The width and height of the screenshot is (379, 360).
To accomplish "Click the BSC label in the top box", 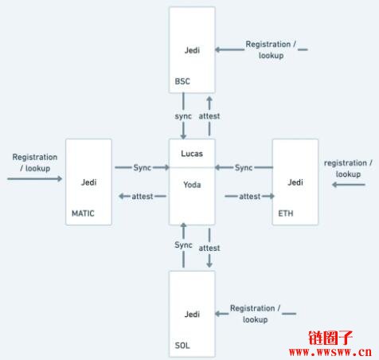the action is pyautogui.click(x=182, y=81).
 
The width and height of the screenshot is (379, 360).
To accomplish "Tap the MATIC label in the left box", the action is pyautogui.click(x=83, y=213).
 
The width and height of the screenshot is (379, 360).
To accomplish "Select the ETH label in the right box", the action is pyautogui.click(x=286, y=213).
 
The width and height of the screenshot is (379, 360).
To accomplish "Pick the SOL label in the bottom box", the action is pyautogui.click(x=182, y=346).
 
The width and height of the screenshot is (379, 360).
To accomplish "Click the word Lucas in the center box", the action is pyautogui.click(x=192, y=154).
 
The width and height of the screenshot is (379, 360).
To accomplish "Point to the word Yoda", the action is pyautogui.click(x=192, y=185).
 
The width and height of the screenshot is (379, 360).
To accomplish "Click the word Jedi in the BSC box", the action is pyautogui.click(x=192, y=50).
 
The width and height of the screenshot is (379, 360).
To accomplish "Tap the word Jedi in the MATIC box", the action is pyautogui.click(x=88, y=182).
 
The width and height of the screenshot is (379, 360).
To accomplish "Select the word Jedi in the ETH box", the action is pyautogui.click(x=295, y=182).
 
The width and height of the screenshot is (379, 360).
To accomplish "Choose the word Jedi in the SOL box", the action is pyautogui.click(x=192, y=315).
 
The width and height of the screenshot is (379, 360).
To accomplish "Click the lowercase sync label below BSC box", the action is pyautogui.click(x=183, y=116).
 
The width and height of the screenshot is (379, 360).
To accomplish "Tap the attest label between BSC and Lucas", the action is pyautogui.click(x=209, y=116).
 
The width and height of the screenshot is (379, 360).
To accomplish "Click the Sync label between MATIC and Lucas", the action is pyautogui.click(x=143, y=168).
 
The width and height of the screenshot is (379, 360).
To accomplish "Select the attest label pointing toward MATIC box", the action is pyautogui.click(x=143, y=197).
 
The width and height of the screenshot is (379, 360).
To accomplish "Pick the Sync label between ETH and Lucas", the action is pyautogui.click(x=244, y=168).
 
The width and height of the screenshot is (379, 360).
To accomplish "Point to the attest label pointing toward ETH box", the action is pyautogui.click(x=250, y=197).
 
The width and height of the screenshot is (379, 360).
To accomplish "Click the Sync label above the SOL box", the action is pyautogui.click(x=183, y=245).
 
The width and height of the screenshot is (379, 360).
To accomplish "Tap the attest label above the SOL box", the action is pyautogui.click(x=209, y=248).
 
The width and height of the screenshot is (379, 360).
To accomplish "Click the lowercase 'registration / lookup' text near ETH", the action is pyautogui.click(x=348, y=168).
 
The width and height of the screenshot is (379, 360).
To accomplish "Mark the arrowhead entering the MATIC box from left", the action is pyautogui.click(x=60, y=178).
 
